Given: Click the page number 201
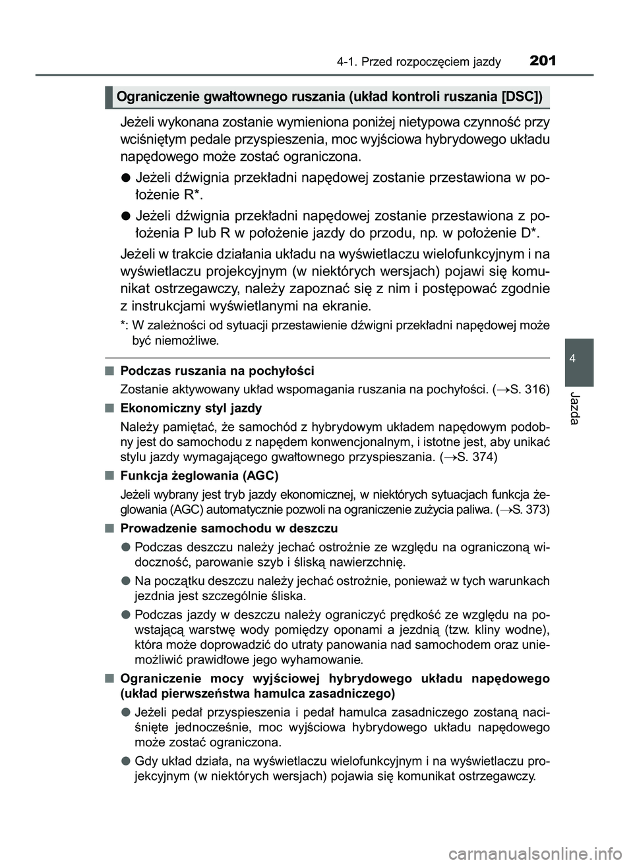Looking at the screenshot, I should coord(543,61).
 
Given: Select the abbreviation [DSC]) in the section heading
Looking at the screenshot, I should coord(521,98).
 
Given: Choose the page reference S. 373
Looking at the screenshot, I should coord(526,510).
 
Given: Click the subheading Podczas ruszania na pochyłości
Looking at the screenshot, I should coord(218,370).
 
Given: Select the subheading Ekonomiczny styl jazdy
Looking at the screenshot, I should coord(191,408).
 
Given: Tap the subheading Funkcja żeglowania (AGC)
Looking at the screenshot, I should coord(200,475).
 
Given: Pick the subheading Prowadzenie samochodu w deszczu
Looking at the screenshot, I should coord(229,528).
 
